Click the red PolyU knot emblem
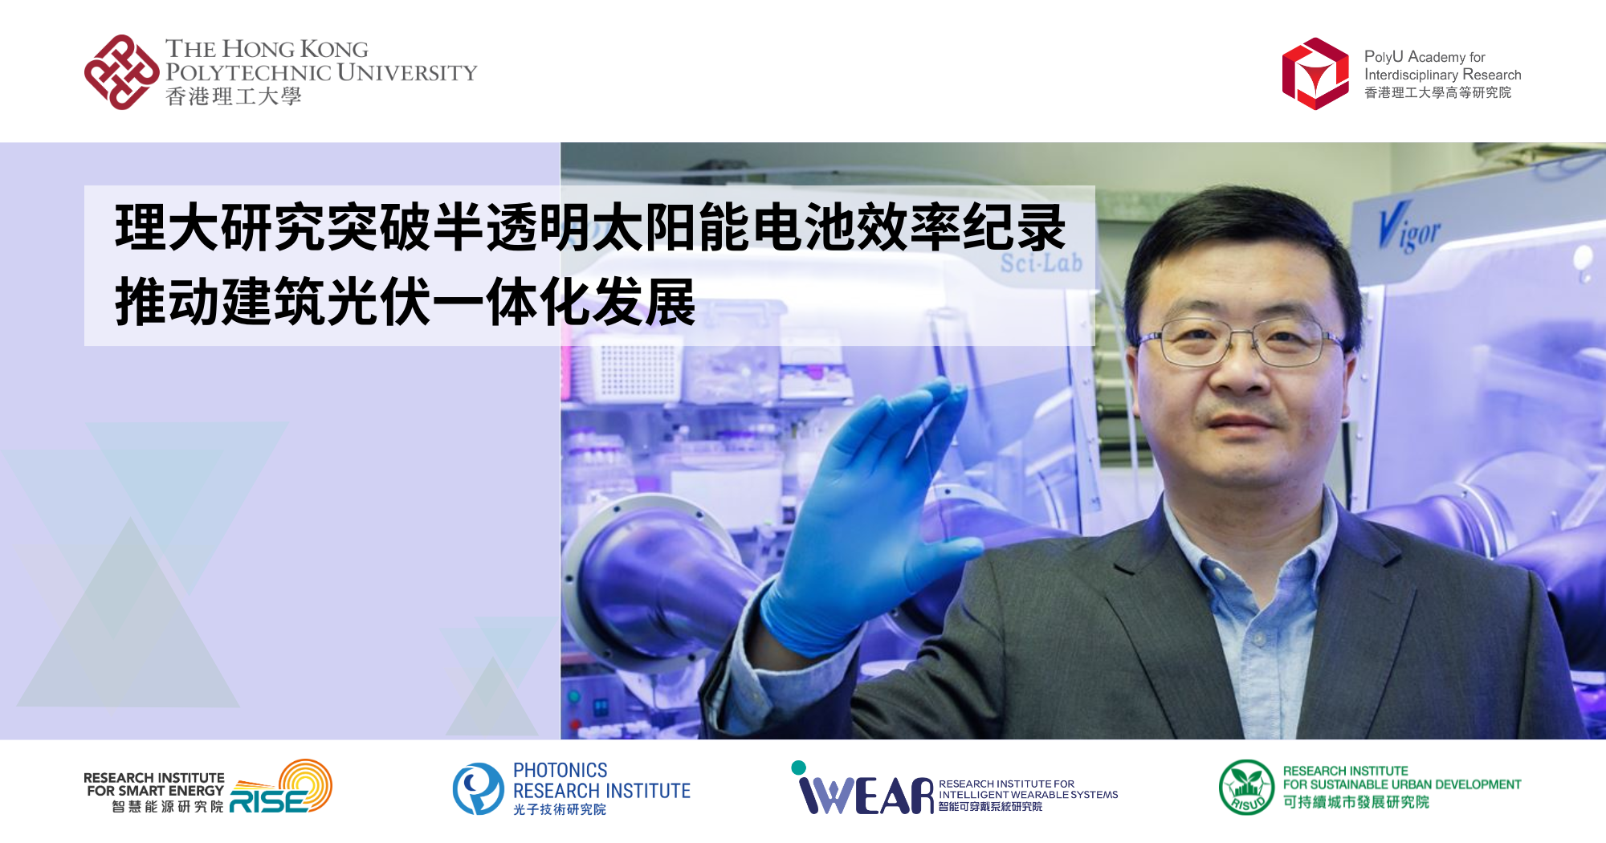tap(121, 72)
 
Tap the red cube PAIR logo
tap(1315, 74)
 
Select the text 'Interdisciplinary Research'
tap(1442, 75)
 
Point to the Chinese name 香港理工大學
tap(233, 97)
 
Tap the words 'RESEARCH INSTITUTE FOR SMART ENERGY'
tap(154, 784)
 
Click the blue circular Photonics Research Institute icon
tap(478, 788)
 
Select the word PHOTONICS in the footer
tap(560, 770)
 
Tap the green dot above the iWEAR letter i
tap(798, 768)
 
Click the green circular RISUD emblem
tap(1246, 788)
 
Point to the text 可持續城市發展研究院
tap(1355, 802)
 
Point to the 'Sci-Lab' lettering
tap(1041, 263)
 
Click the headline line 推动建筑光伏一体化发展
tap(405, 303)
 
